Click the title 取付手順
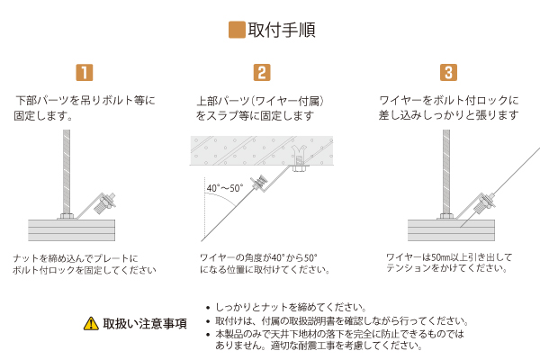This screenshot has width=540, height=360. pos(282,30)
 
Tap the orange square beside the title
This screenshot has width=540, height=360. pos(237,30)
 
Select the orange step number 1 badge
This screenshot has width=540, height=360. pos(85,72)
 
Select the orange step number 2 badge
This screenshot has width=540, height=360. pos(262,72)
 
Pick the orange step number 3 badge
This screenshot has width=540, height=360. pos(448,72)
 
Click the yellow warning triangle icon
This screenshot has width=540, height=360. pos(91,323)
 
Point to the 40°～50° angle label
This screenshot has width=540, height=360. pos(224,188)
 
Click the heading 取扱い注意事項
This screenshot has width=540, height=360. pos(145,324)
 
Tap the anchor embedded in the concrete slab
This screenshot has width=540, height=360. pos(299,157)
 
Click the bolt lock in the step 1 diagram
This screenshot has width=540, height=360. pos(105,203)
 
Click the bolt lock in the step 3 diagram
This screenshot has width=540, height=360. pos(485,203)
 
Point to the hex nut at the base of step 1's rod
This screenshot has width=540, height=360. pos(67,217)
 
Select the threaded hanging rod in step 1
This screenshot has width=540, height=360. pos(67,172)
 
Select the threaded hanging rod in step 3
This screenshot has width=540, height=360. pos(446,172)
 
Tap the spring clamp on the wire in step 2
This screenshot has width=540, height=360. pos(259,183)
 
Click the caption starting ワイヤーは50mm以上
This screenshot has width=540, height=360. pos(449,263)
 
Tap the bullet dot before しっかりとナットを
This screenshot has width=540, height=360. pos(208,308)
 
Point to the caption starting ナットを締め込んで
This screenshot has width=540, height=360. pos(85,265)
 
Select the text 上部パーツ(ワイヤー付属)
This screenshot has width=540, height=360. pos(260,101)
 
